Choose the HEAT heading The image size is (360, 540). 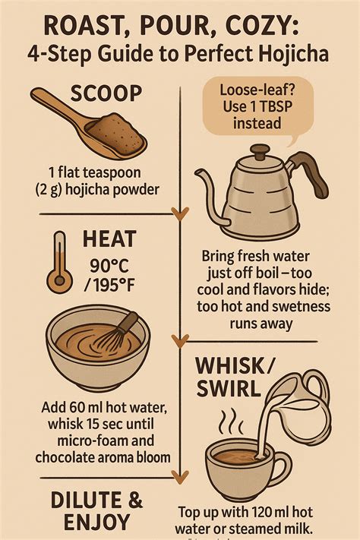click(111, 241)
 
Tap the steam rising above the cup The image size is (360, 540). click(228, 422)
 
